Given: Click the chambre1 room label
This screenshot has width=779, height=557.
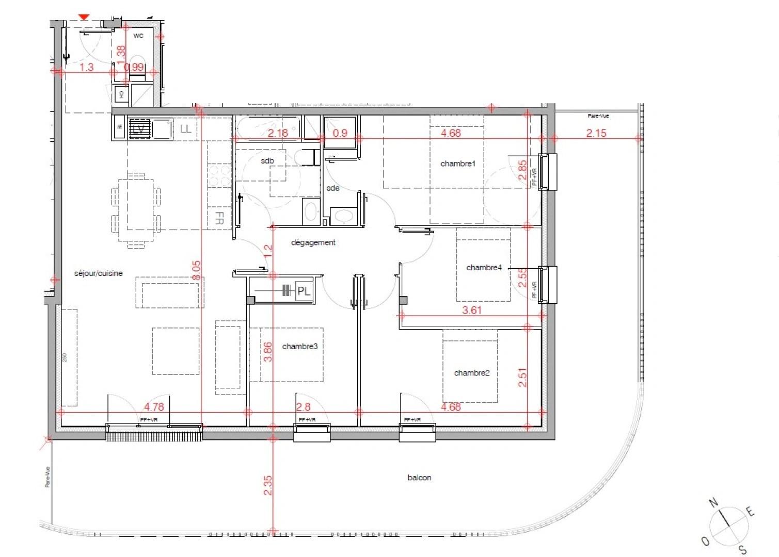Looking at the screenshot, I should click(457, 163).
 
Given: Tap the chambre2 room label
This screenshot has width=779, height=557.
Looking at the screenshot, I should click(471, 373).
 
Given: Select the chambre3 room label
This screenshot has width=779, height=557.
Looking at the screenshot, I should click(299, 347).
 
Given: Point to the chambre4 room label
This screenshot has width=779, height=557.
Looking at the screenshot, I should click(484, 267).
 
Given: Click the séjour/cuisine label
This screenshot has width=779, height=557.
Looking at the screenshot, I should click(98, 273).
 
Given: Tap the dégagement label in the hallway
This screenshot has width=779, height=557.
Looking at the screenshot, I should click(313, 242).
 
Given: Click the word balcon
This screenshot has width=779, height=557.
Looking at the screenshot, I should click(419, 478).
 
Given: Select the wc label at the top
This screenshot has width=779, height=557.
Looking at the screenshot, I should click(138, 36).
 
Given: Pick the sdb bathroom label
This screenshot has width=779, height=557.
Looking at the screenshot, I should click(267, 161).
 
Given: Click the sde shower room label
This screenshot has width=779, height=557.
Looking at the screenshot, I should click(333, 188).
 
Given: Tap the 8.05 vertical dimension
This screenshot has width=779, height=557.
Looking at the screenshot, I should click(196, 270).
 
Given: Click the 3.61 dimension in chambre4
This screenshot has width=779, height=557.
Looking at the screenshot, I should click(471, 310).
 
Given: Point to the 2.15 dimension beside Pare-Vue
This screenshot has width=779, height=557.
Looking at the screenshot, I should click(596, 133).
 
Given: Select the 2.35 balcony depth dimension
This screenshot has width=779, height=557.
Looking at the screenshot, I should click(268, 485).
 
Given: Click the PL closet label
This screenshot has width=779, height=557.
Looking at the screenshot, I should click(304, 291).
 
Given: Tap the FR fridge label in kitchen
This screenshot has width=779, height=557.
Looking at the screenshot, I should click(219, 218).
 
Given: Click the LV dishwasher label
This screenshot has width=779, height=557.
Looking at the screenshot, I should click(138, 129).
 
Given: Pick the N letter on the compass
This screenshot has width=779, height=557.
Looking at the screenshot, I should click(713, 502).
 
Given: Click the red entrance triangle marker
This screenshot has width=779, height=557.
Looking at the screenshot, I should click(84, 18).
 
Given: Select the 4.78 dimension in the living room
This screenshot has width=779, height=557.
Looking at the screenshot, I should click(154, 407).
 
